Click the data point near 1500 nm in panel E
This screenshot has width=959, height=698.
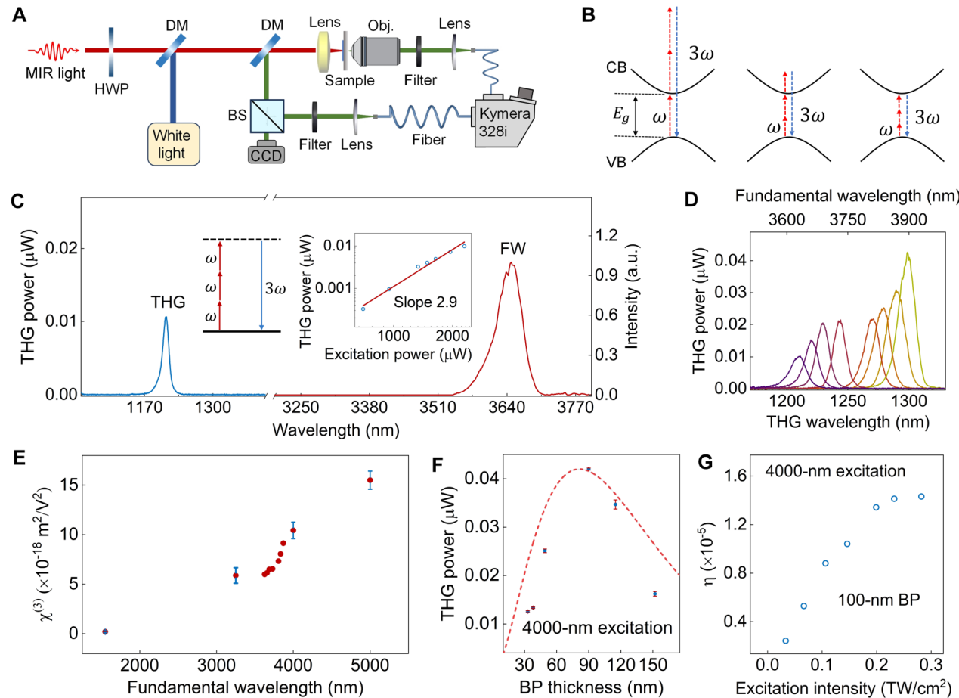coord(105,631)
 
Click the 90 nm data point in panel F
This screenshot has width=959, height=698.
coord(588,469)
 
